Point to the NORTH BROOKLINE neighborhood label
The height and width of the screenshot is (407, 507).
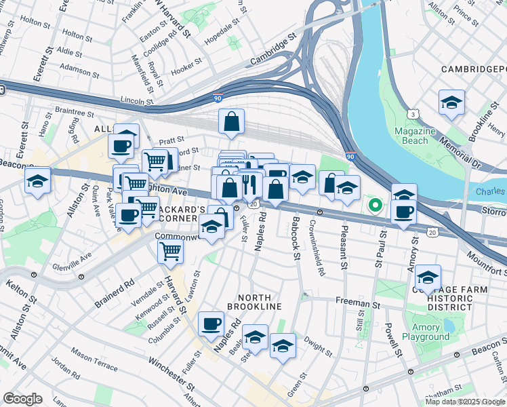point(259,302)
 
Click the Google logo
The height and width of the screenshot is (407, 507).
point(22,399)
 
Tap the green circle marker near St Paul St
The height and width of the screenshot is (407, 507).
point(373,204)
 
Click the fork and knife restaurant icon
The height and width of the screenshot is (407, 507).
point(249,184)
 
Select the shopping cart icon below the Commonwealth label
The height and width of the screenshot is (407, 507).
point(170,251)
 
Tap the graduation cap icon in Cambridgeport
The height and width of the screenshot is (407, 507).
point(451,102)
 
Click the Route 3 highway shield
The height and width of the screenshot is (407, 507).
point(413,113)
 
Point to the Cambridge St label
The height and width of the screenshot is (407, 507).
point(273,51)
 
